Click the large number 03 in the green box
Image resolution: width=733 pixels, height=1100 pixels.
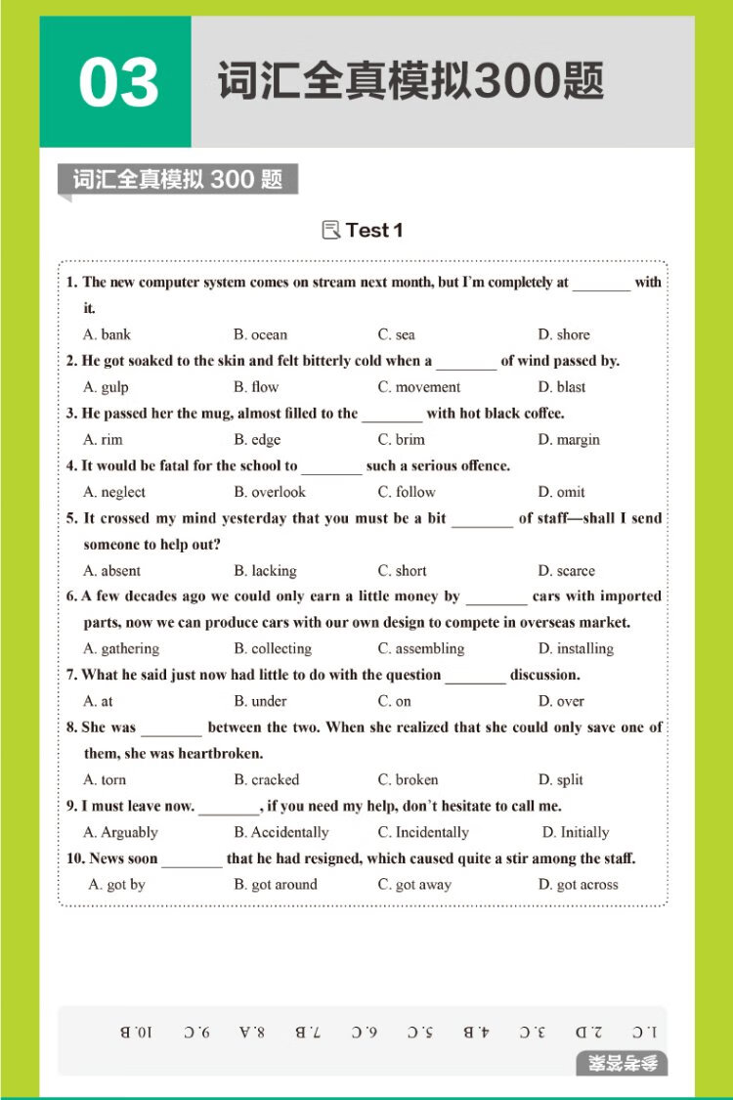click(118, 83)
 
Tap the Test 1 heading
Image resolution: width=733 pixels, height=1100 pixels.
click(373, 231)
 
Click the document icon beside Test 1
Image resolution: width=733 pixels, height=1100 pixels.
click(331, 231)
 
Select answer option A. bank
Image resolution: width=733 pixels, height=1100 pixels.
click(107, 334)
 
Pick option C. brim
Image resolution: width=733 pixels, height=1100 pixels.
click(401, 440)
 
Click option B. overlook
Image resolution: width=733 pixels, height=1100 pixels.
click(270, 492)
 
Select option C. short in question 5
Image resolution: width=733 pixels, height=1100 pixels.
click(402, 571)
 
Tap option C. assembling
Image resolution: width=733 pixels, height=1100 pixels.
click(421, 648)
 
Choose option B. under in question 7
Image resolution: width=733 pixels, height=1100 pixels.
click(260, 701)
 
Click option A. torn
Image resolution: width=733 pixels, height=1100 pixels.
click(105, 780)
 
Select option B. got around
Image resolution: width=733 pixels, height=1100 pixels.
click(276, 885)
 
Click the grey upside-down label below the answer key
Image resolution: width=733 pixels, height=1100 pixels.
click(622, 1063)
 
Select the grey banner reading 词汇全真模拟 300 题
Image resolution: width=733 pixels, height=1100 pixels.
click(178, 180)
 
